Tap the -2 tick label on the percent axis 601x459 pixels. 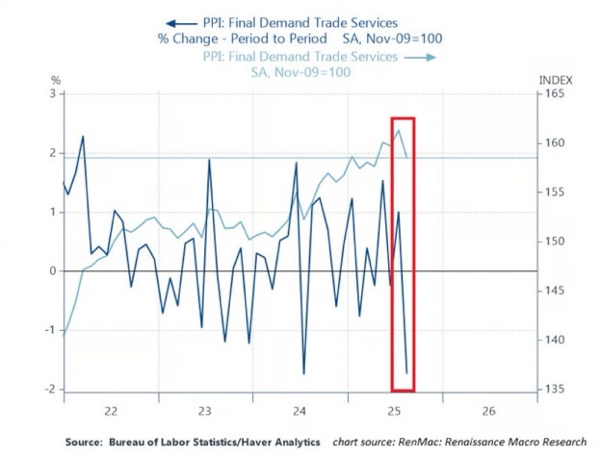point(50,389)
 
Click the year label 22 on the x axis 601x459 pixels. point(110,411)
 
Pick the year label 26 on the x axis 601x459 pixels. point(489,411)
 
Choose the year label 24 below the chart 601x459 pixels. point(299,411)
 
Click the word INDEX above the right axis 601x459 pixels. point(555,80)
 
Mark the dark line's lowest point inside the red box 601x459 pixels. point(406,372)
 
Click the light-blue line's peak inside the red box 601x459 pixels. point(399,130)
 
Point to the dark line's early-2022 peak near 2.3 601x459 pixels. point(83,137)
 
